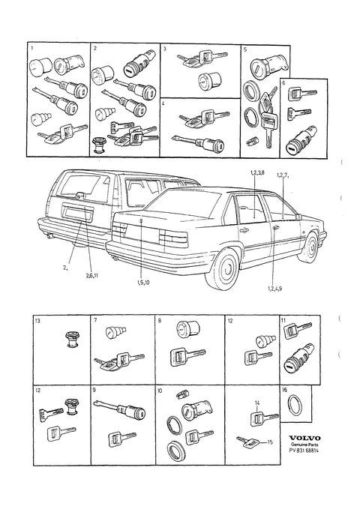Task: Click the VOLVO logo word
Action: tap(304, 438)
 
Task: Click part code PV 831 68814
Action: tap(304, 451)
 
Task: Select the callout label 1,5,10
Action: tap(143, 283)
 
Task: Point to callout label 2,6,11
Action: tap(92, 276)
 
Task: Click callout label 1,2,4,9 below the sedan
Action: tap(274, 289)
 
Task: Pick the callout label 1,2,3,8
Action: tap(257, 172)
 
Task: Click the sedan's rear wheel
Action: tap(226, 269)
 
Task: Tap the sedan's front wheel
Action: tap(310, 248)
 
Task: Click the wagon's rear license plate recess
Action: tap(79, 214)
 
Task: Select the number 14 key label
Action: tap(257, 403)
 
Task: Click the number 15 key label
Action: tap(270, 442)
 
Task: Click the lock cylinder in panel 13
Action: tap(72, 340)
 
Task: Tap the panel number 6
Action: tap(283, 83)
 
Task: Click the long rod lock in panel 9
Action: tap(119, 409)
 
